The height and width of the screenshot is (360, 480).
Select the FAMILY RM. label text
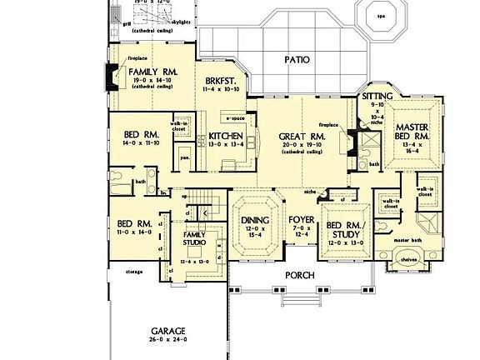click(151, 72)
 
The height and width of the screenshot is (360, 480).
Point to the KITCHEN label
click(225, 135)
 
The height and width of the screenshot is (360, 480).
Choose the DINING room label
click(255, 220)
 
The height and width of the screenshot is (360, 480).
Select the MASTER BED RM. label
click(413, 130)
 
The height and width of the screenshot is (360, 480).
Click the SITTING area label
click(377, 97)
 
